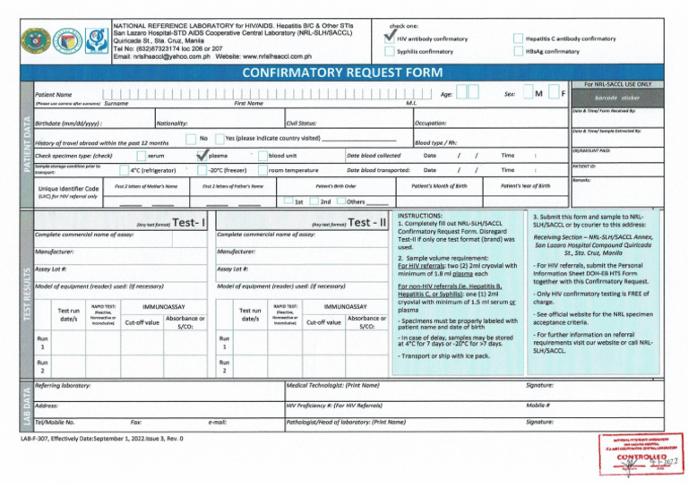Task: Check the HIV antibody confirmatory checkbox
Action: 388,38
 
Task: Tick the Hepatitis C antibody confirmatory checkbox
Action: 518,38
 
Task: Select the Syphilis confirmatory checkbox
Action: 388,52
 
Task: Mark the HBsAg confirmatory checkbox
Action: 518,52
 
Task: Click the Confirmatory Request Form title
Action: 343,73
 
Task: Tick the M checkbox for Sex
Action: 526,93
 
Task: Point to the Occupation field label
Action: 437,123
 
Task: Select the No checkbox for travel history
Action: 190,138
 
